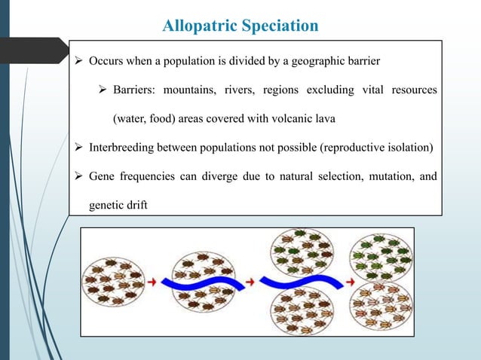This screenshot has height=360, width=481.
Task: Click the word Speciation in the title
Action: (281, 26)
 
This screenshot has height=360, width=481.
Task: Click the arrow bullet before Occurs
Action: (79, 60)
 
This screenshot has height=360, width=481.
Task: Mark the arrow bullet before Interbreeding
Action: (79, 147)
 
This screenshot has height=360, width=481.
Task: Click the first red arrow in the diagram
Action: (151, 282)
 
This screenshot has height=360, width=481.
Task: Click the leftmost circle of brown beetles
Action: (112, 282)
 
